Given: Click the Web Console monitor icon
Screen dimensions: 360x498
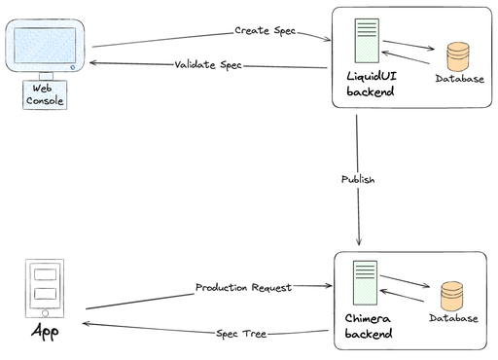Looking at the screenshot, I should [x=46, y=49].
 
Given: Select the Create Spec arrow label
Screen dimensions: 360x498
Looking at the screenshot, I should [x=265, y=31].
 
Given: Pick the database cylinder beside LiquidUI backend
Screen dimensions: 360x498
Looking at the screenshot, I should [x=456, y=54].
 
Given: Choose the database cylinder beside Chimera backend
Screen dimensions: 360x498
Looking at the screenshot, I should [x=451, y=295].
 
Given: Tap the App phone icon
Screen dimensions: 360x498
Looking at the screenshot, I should [x=44, y=289].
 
